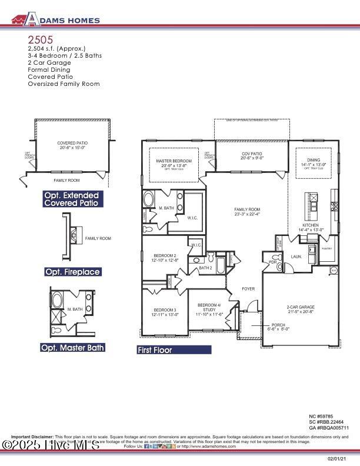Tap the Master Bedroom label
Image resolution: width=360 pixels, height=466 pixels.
(x=174, y=161)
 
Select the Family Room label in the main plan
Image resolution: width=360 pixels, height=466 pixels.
(x=247, y=209)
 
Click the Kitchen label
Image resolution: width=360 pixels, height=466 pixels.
(x=310, y=225)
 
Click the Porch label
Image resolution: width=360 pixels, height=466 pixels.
(x=278, y=325)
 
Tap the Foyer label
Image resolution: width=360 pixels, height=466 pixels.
(x=248, y=289)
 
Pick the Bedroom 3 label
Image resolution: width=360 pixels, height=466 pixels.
(x=165, y=310)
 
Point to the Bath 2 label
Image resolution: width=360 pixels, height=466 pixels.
(x=205, y=268)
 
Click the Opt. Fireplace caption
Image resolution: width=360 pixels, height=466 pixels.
(x=73, y=272)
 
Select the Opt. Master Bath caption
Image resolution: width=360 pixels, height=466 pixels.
(x=72, y=348)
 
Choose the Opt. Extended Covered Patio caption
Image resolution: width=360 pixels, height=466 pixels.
(x=72, y=199)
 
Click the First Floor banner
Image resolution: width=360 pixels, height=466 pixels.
(x=174, y=349)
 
